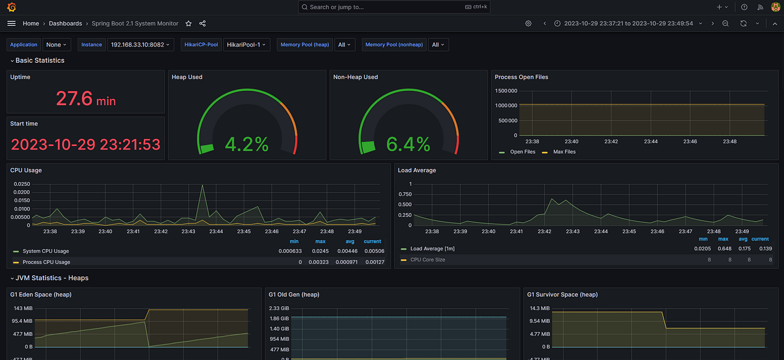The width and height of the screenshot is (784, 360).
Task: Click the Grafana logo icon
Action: coord(12,7)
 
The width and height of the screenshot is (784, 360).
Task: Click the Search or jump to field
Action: coord(394,7)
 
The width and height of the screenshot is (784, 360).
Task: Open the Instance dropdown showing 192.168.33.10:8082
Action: coord(141,45)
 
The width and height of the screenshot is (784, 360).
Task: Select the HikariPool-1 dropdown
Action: coord(246,45)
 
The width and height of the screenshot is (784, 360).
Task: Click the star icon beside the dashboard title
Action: coord(189,24)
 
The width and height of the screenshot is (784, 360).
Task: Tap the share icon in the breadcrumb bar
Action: coord(202,24)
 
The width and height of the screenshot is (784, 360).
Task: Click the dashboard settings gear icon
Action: coord(528,24)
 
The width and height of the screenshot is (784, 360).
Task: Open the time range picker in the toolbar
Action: coord(628,24)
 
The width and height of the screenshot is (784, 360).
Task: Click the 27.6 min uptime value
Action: coord(86,99)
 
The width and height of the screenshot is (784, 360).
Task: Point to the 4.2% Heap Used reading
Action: coord(247,144)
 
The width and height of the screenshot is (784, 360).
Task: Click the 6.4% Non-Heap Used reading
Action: coord(408,144)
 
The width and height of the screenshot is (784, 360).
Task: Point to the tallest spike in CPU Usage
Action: coord(202,185)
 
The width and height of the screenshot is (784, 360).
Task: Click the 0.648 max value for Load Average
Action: coord(725,249)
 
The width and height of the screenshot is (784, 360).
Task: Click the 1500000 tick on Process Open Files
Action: coord(506,91)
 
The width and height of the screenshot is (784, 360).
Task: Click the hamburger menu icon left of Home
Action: coord(12,24)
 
